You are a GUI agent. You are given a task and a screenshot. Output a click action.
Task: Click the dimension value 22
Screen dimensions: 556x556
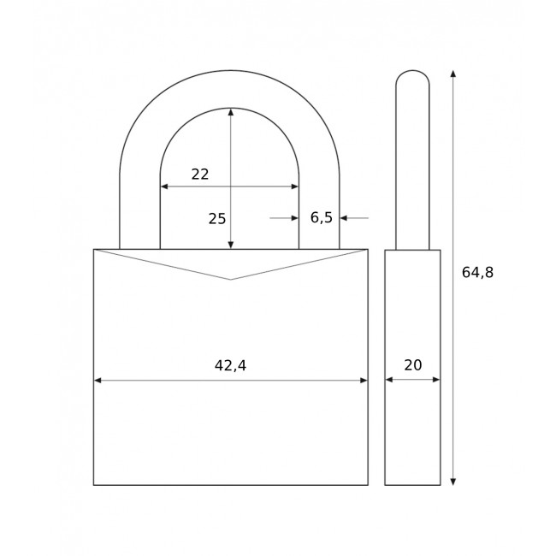(200, 174)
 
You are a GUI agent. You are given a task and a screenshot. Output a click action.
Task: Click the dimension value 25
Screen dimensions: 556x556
(217, 218)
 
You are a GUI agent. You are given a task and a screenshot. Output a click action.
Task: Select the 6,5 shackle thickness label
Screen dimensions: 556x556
(321, 217)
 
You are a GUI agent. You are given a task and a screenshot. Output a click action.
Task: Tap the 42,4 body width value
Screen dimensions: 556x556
(230, 365)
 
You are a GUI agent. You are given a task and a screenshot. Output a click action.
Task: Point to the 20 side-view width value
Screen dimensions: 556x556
(412, 365)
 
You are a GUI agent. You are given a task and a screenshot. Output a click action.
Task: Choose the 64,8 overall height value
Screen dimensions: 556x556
(477, 272)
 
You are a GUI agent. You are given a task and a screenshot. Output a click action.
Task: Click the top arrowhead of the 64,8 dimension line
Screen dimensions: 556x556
(453, 74)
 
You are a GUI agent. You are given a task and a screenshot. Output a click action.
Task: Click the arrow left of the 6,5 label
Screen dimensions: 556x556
(293, 218)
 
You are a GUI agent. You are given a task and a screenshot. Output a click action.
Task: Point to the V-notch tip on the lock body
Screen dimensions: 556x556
(230, 279)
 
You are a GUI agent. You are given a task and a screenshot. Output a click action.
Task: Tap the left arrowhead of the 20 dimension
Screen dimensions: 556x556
(389, 380)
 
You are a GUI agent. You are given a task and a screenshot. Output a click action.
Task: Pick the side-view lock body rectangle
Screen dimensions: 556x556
(412, 428)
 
